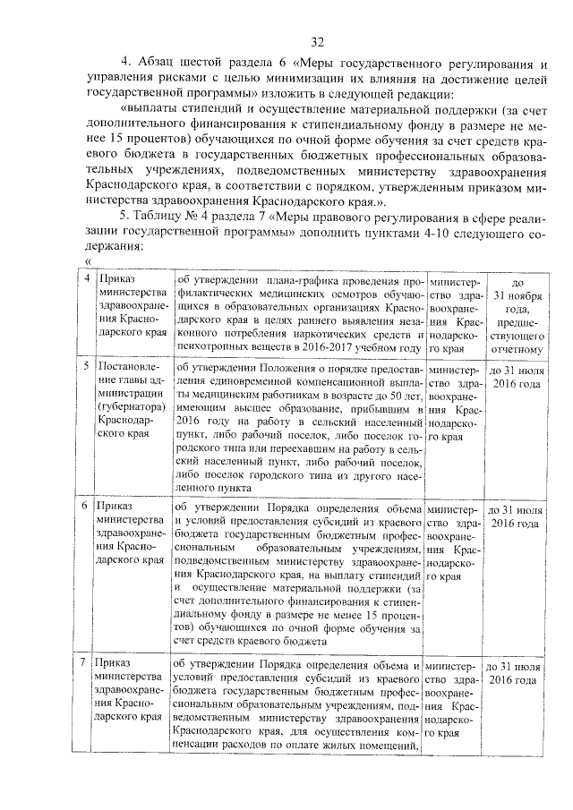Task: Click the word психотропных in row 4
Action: [x=213, y=348]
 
